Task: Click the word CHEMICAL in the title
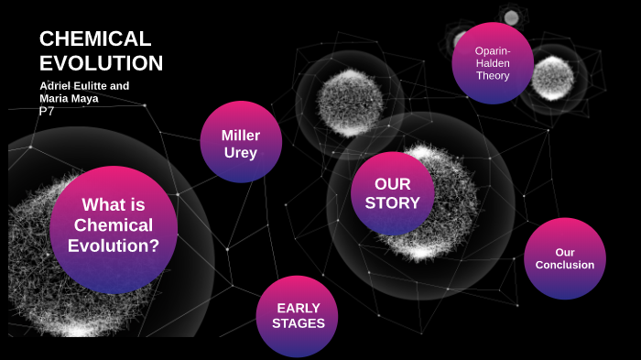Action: (94, 38)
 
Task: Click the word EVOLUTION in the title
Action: (101, 63)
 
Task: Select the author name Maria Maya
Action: (69, 97)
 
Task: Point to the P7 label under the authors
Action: (48, 110)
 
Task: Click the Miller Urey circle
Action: (240, 142)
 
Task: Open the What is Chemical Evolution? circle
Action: (114, 229)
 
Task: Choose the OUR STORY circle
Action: (392, 192)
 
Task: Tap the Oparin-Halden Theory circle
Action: (493, 62)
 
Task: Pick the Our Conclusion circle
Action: (564, 258)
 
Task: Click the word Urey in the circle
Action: (240, 152)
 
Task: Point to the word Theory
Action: (493, 76)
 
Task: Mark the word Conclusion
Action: (564, 265)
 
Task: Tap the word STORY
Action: (392, 202)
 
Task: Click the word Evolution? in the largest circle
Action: (114, 245)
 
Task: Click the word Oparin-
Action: (492, 49)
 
